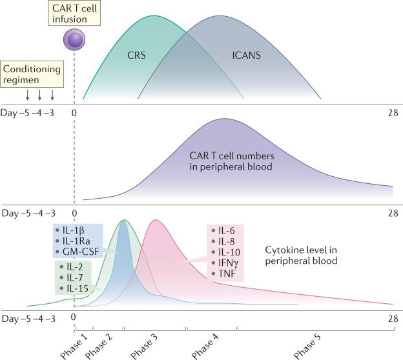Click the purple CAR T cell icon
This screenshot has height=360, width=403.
pos(74,43)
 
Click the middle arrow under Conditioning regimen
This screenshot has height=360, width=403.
pos(40,95)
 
